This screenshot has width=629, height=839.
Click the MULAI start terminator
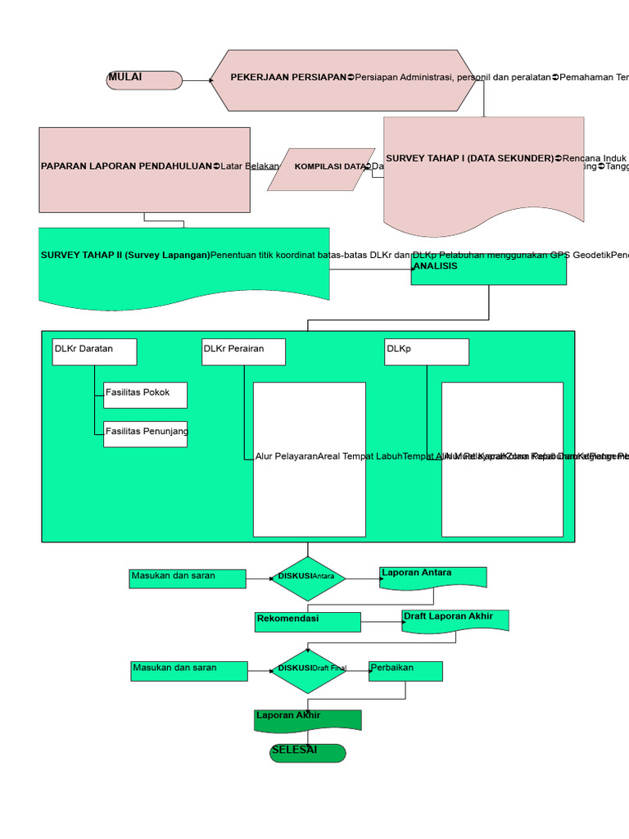(144, 79)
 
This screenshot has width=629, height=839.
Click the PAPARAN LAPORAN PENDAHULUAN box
(144, 170)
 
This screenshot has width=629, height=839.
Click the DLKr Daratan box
(94, 351)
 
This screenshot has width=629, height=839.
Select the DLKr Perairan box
(243, 351)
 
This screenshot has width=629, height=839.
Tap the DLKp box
(427, 351)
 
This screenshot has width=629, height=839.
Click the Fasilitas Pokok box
(145, 395)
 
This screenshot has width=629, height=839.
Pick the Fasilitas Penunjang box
(145, 434)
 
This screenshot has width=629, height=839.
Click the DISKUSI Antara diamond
(308, 578)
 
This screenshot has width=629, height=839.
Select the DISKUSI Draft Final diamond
(308, 671)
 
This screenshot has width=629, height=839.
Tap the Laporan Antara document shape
(433, 577)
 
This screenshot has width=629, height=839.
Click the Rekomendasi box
(308, 622)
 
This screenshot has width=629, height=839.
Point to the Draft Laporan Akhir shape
(455, 620)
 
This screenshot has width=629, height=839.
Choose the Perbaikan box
(405, 671)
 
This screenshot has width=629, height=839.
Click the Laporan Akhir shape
(308, 719)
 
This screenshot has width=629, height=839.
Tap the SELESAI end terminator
(308, 753)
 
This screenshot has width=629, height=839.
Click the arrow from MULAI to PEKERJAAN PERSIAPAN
(196, 80)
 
